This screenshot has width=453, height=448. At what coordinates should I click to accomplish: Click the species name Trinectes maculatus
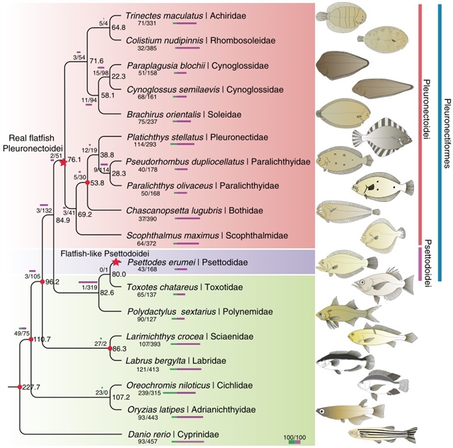(x=156, y=14)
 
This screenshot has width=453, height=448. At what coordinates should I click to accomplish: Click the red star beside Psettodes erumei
(x=115, y=262)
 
